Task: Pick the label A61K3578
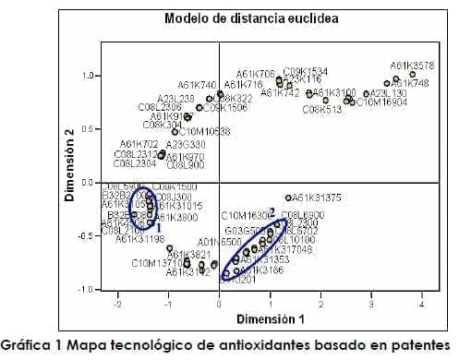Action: tap(412, 66)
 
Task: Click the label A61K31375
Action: tap(319, 198)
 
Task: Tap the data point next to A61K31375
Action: tap(289, 198)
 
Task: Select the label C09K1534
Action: tap(305, 71)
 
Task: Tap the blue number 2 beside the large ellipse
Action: tap(272, 212)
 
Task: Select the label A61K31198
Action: tap(140, 239)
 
